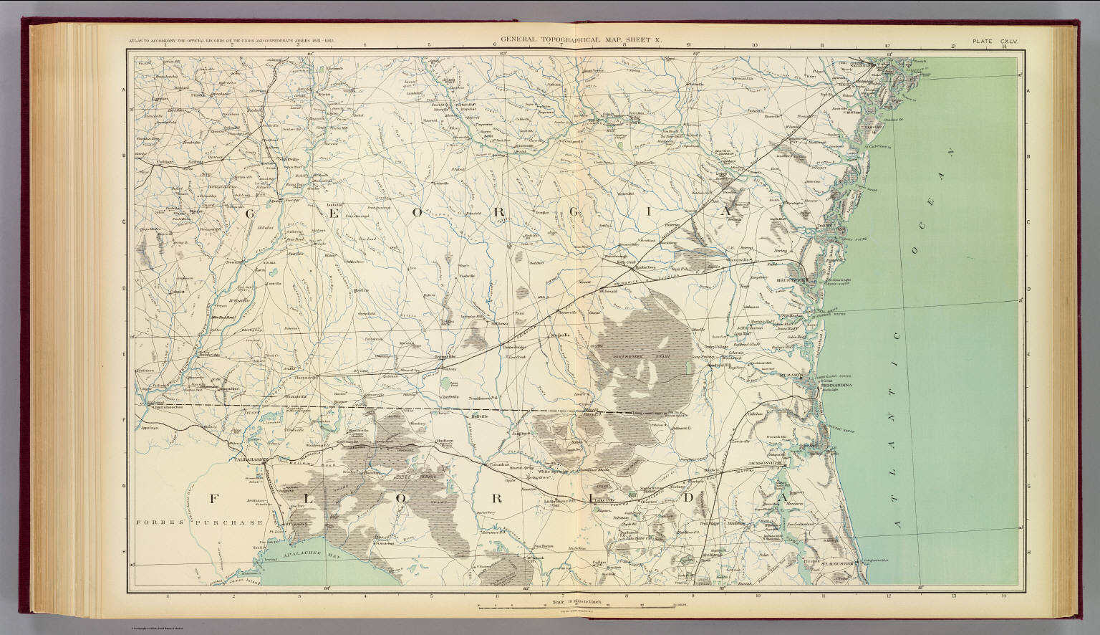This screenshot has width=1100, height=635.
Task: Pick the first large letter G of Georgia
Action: (252, 213)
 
